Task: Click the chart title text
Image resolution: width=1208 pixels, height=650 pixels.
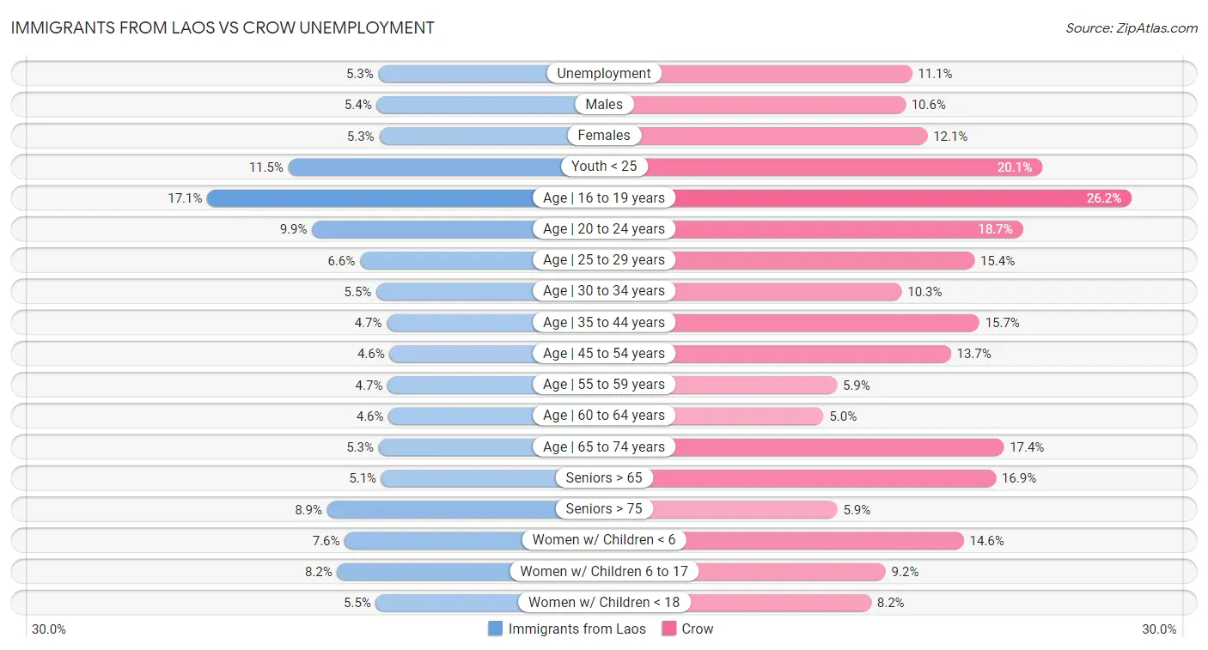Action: [223, 27]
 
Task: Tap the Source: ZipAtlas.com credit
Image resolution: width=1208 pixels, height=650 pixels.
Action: [1131, 28]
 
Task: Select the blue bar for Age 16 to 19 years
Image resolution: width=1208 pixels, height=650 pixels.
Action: [369, 198]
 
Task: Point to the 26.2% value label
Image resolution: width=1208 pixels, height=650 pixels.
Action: [1104, 198]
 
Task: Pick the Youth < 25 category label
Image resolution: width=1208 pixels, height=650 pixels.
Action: [604, 167]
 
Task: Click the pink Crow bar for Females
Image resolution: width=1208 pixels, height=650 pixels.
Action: [782, 136]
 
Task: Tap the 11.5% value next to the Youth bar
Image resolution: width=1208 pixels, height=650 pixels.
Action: [266, 167]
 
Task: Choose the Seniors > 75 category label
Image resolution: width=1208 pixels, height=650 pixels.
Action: [604, 509]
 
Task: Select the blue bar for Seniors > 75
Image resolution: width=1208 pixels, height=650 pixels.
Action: [438, 509]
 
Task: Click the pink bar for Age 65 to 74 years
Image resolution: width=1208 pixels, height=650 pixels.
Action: [838, 447]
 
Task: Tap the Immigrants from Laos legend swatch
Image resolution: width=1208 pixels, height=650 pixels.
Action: [496, 629]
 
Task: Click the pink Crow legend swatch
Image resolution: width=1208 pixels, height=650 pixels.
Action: [669, 629]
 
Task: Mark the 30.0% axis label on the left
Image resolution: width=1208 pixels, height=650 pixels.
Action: [49, 629]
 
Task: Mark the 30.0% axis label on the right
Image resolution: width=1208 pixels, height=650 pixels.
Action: [1159, 629]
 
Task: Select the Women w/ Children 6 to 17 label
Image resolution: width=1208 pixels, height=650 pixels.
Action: [604, 572]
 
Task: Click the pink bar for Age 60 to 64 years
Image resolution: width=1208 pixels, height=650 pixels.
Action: [747, 416]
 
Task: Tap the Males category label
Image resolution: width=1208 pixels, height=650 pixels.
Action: [604, 105]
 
